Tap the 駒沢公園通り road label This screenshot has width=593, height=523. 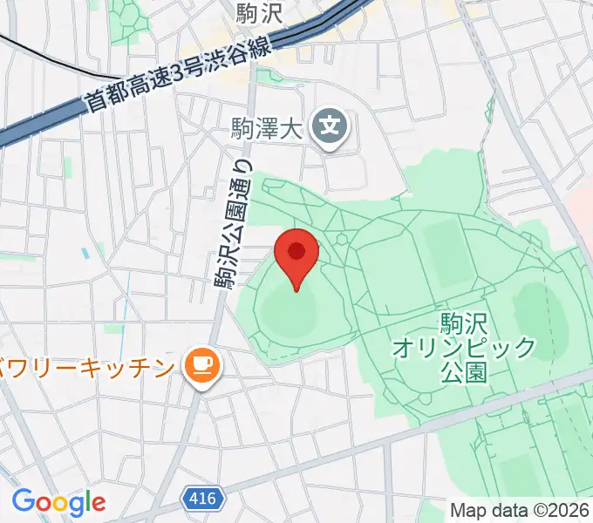coord(233,222)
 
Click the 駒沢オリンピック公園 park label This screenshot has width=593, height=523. coord(463,348)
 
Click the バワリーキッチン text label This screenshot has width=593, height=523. coord(87,367)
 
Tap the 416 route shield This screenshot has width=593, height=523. coord(201,499)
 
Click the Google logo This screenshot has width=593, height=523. coord(58,501)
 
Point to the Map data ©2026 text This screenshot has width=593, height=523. coord(520,509)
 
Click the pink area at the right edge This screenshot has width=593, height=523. coord(583,209)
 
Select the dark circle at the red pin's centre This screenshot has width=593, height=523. coord(296,251)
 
